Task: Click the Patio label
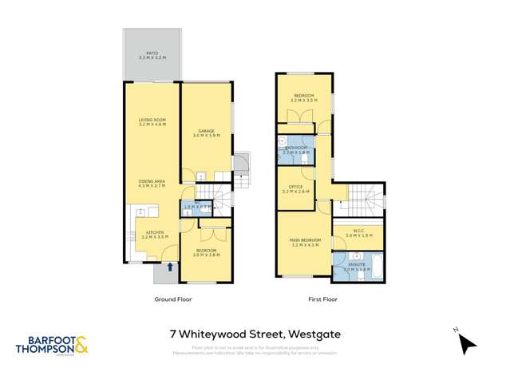pyautogui.click(x=151, y=57)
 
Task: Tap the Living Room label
pyautogui.click(x=151, y=123)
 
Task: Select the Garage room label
pyautogui.click(x=205, y=133)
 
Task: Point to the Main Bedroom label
pyautogui.click(x=305, y=243)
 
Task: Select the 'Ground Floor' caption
pyautogui.click(x=173, y=299)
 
